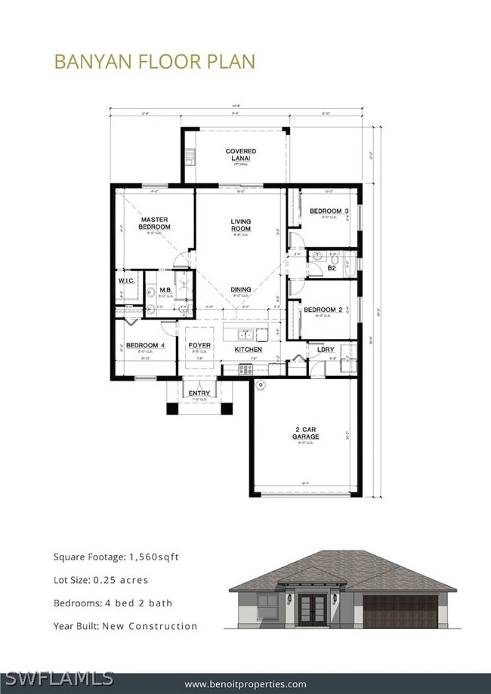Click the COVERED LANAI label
click(240, 155)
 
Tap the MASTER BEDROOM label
click(154, 224)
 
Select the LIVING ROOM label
click(240, 225)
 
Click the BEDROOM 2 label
click(323, 310)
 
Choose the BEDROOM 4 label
click(144, 346)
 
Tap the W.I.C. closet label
click(126, 281)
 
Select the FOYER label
click(199, 345)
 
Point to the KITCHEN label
click(248, 350)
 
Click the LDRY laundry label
click(326, 350)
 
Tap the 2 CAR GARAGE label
click(307, 433)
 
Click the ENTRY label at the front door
click(199, 393)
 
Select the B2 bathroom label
click(332, 267)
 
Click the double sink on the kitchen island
click(246, 335)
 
